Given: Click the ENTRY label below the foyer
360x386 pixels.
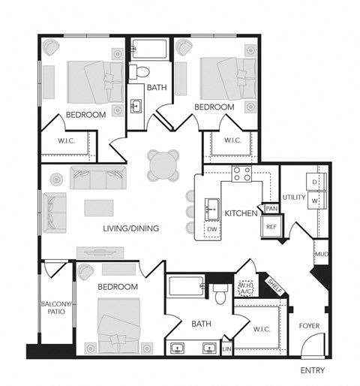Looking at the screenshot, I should [x=313, y=371].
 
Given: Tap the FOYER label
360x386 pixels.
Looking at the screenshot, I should [x=309, y=326].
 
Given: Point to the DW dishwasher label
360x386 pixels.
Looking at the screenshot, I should [x=212, y=228].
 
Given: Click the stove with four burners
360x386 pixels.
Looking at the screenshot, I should [x=241, y=175].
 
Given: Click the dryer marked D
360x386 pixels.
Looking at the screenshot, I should [x=315, y=182].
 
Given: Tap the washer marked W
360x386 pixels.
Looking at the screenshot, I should [x=315, y=201].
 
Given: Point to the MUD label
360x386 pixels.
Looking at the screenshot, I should [x=321, y=255].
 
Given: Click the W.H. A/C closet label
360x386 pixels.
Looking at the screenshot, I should [x=245, y=288].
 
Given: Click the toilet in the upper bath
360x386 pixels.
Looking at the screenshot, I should [x=139, y=73].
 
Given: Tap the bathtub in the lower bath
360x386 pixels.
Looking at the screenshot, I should [x=185, y=286].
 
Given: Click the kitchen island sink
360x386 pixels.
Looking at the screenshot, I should [x=211, y=206].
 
